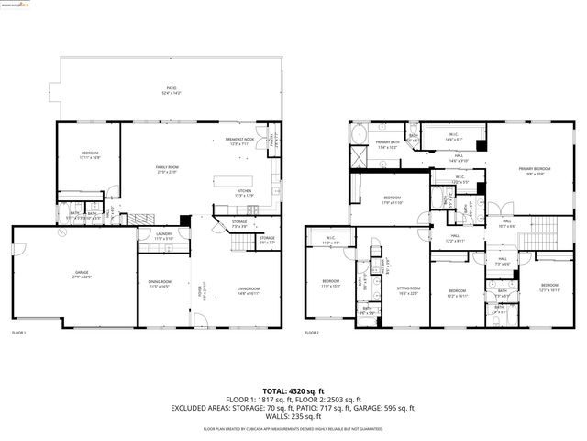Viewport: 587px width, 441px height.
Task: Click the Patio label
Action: click(x=171, y=90)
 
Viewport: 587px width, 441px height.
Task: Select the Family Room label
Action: click(x=172, y=169)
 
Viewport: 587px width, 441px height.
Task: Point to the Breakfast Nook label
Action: click(x=239, y=141)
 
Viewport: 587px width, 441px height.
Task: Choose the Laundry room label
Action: click(x=163, y=236)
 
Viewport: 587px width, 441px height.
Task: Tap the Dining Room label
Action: click(x=161, y=284)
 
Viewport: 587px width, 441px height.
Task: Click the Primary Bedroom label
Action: click(x=535, y=170)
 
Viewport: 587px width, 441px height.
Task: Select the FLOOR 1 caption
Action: click(x=19, y=332)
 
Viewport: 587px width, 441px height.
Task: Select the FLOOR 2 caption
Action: click(x=313, y=332)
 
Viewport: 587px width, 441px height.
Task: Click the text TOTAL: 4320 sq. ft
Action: click(x=293, y=390)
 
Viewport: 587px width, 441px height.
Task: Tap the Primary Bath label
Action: click(x=388, y=144)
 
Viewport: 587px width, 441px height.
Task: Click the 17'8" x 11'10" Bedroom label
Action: click(x=392, y=199)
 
